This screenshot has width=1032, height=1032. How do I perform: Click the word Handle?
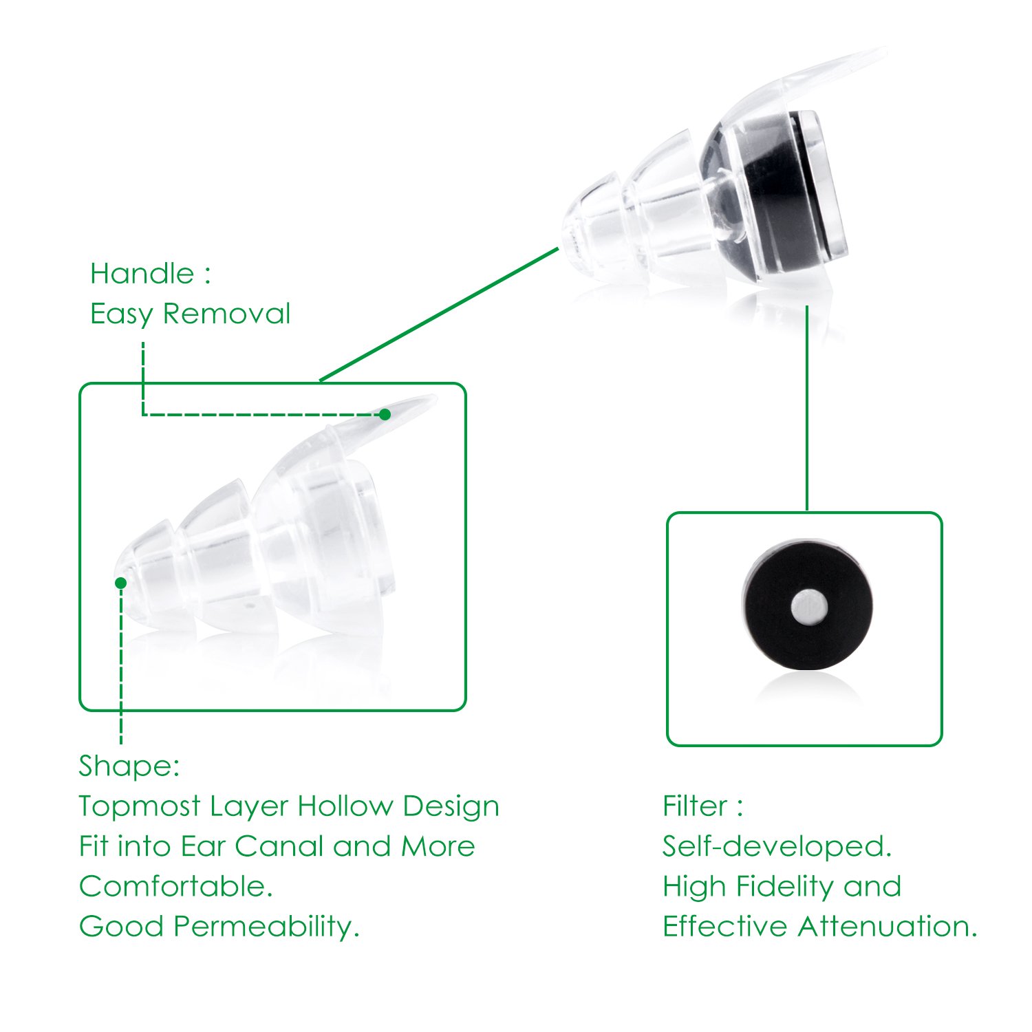142,274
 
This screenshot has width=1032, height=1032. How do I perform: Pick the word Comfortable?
175,886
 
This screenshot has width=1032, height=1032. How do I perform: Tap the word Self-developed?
777,847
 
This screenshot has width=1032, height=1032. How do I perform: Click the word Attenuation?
888,926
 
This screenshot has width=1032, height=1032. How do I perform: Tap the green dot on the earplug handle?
385,414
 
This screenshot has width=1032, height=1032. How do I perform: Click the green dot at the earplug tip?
121,583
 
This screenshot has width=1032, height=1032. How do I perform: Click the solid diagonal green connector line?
439,314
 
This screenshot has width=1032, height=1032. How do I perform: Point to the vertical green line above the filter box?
807,407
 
